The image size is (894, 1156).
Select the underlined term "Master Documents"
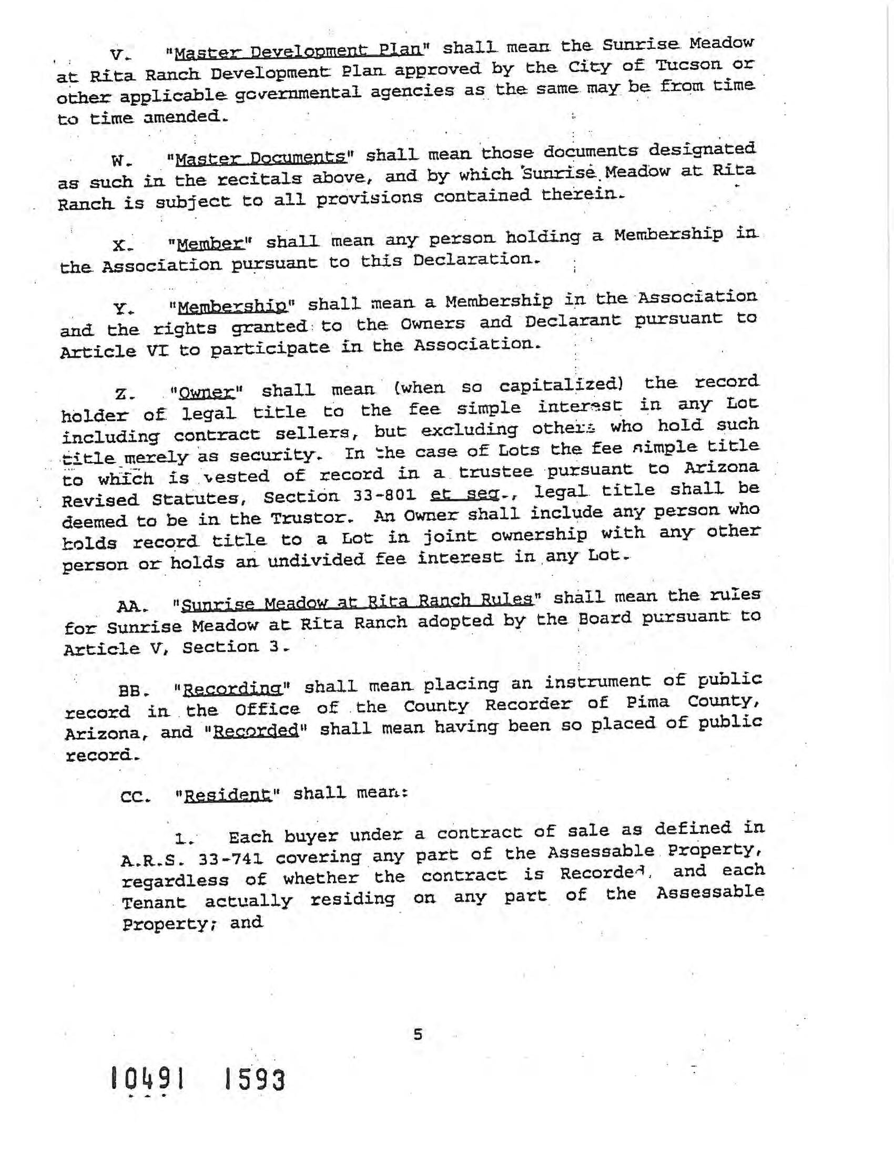pyautogui.click(x=259, y=158)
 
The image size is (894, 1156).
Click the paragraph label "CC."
pyautogui.click(x=135, y=797)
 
